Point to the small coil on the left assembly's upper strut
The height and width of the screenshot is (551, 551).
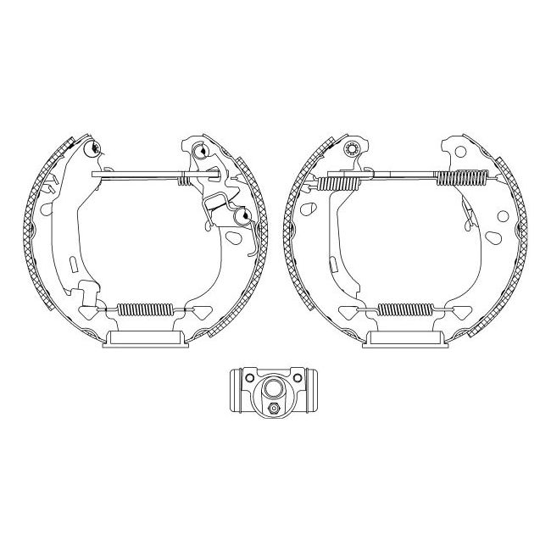pyautogui.click(x=183, y=178)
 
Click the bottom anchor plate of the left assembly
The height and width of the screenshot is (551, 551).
pyautogui.click(x=145, y=342)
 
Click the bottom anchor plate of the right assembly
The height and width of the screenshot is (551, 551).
pyautogui.click(x=406, y=342)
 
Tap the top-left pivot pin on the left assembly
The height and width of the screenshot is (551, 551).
pyautogui.click(x=95, y=152)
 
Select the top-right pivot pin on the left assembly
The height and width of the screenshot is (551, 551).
pyautogui.click(x=202, y=153)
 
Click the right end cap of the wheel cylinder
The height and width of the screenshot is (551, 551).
pyautogui.click(x=314, y=389)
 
